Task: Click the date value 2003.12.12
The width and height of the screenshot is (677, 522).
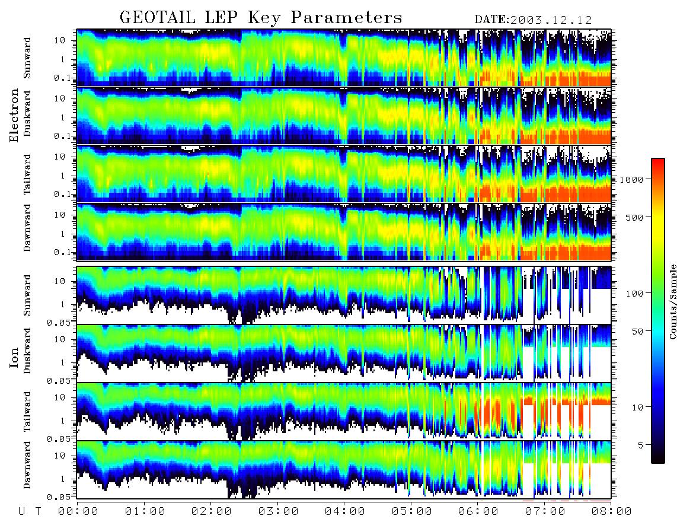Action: point(551,20)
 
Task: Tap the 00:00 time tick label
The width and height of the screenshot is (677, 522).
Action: point(78,512)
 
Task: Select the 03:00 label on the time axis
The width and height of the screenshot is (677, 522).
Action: point(279,512)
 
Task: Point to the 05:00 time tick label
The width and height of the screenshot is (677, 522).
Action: point(412,512)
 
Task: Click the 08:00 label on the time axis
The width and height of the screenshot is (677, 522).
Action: point(611,512)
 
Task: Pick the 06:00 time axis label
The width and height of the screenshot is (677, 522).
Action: point(478,512)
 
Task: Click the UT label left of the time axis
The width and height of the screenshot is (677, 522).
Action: point(30,512)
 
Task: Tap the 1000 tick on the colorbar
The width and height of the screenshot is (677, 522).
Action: point(632,179)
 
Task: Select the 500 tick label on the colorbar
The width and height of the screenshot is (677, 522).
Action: point(635,217)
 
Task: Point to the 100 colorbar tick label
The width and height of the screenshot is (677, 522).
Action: point(635,294)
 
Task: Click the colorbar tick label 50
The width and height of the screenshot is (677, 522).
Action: point(638,332)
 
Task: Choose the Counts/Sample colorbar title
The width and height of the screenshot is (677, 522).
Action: point(672,301)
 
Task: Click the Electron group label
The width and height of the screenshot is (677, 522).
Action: point(14,115)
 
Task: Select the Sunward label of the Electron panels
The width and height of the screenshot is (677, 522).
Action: point(27,58)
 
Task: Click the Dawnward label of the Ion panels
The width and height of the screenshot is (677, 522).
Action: point(27,464)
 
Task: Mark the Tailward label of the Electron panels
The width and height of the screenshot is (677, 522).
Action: point(27,174)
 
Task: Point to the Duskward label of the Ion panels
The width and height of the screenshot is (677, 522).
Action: point(27,351)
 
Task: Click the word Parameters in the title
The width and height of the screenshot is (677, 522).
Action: point(346,17)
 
